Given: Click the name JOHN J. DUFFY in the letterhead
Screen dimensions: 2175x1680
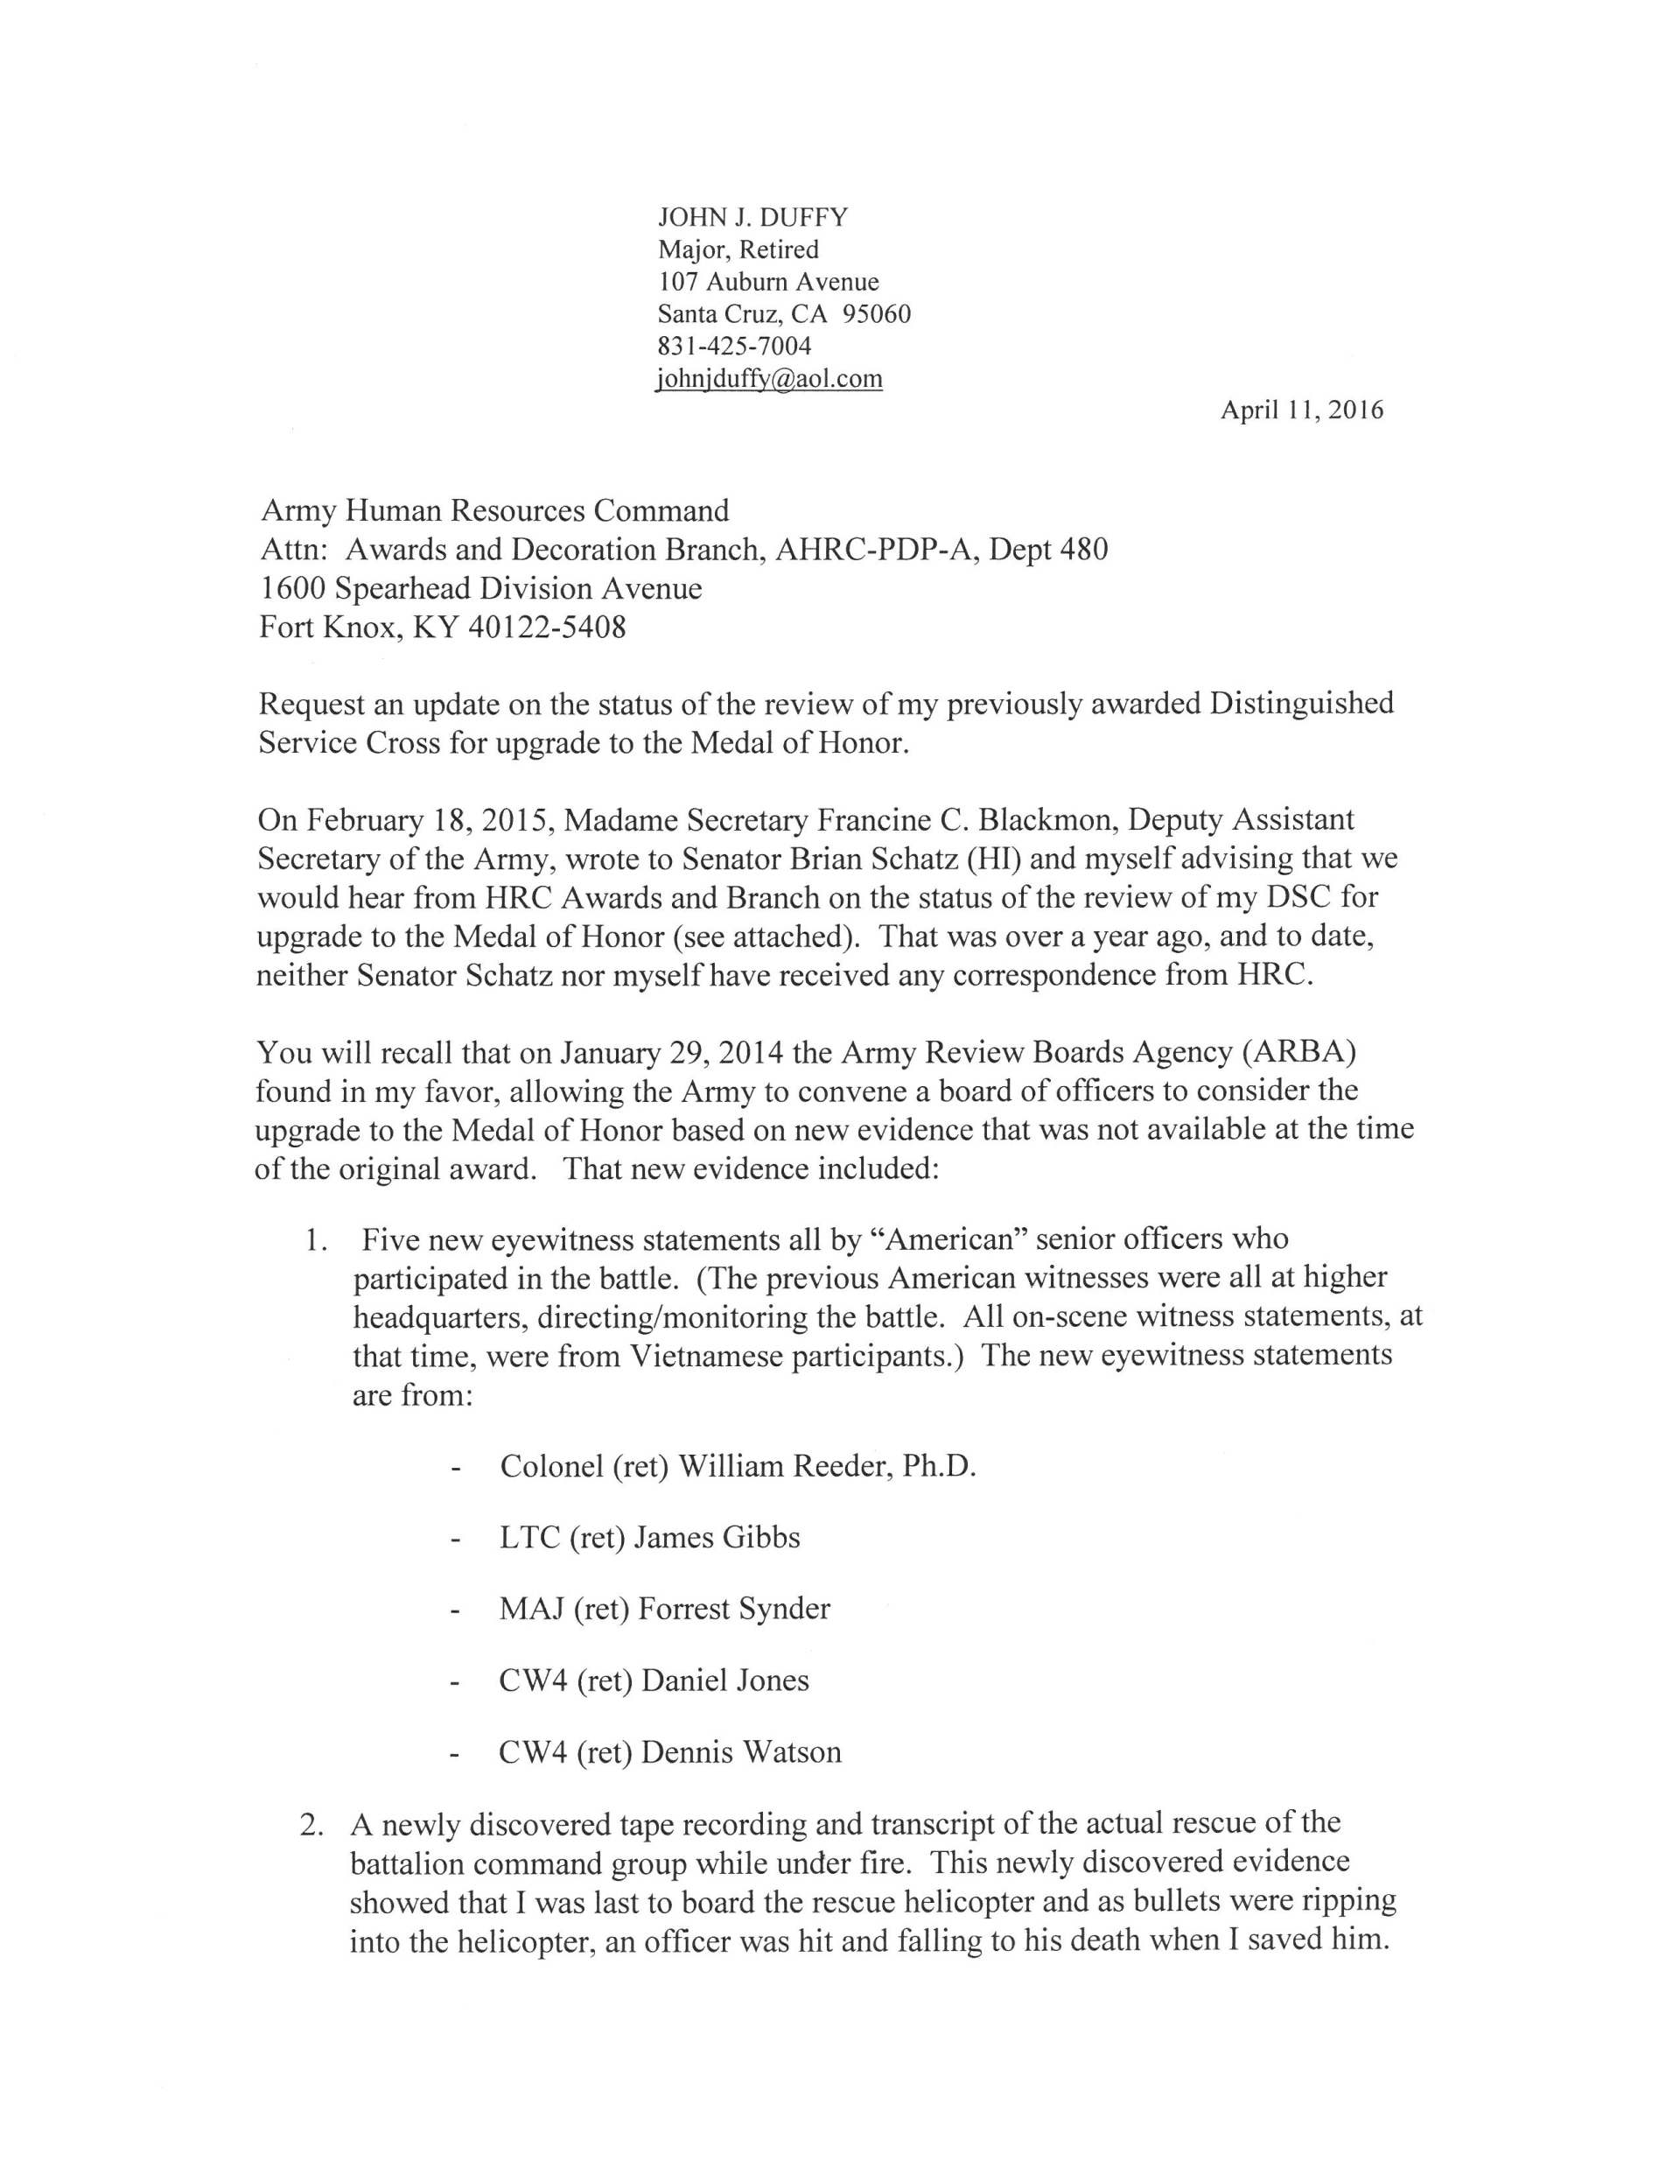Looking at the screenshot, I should [x=752, y=217].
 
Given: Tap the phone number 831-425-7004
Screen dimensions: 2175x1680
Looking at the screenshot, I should [x=734, y=346].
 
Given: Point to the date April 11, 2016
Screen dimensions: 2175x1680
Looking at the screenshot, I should [x=1302, y=410].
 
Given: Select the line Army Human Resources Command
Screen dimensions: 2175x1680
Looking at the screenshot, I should [x=494, y=511].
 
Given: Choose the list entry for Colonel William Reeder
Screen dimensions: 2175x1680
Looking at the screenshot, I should [x=737, y=1466].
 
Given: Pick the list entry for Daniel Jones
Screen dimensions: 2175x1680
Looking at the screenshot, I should [x=654, y=1680].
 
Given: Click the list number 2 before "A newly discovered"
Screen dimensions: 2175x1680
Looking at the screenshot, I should [x=311, y=1824].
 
